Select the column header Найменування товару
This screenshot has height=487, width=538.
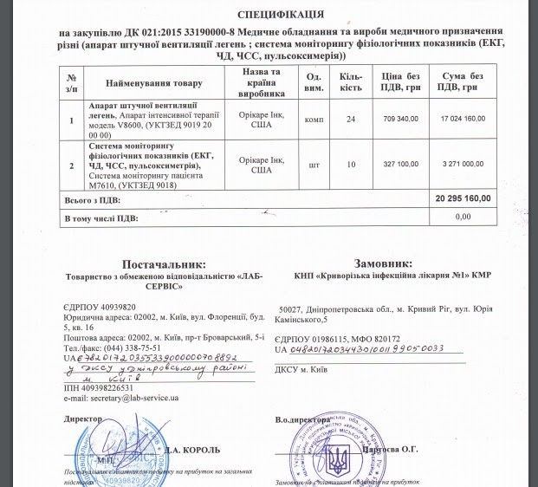154,83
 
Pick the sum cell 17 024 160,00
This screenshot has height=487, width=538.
468,118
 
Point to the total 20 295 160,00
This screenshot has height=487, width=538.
468,199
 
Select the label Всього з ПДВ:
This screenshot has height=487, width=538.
92,199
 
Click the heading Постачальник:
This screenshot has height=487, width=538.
163,263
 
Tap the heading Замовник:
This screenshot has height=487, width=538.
384,263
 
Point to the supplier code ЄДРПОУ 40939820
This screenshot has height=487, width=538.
100,308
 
